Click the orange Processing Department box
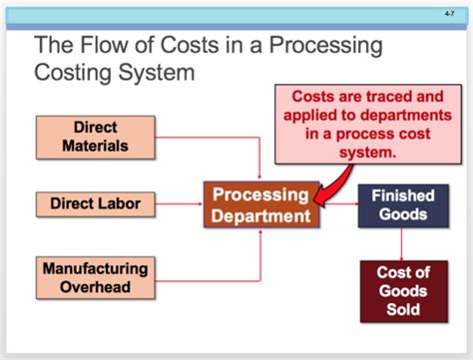[x=261, y=204]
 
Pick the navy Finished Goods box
[x=402, y=204]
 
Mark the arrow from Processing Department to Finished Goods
[x=338, y=204]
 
